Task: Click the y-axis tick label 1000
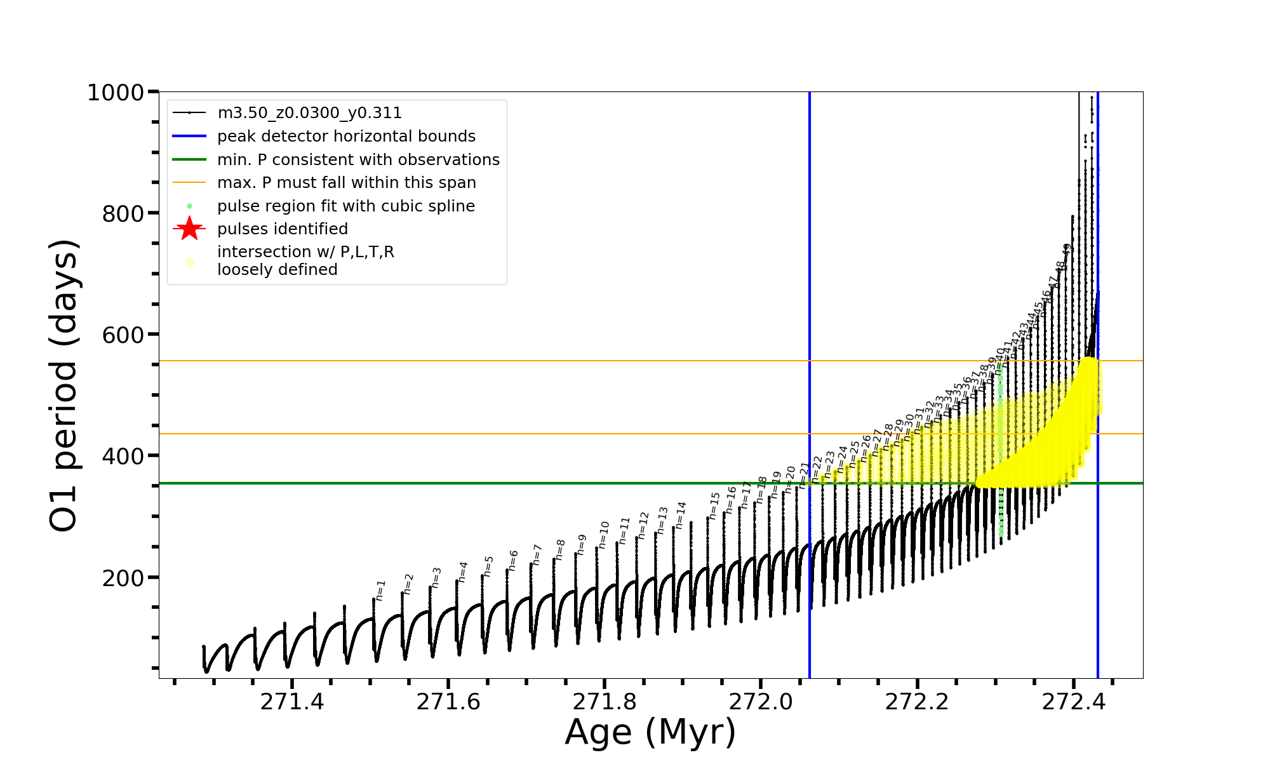116,93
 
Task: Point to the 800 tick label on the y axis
123,214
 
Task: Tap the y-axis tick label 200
123,578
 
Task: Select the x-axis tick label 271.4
292,702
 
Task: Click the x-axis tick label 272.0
761,702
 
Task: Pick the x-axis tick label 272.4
1074,702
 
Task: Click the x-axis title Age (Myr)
650,732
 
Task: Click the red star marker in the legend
189,229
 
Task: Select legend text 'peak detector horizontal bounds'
346,137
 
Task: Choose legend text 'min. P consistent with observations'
358,159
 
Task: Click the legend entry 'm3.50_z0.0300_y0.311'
309,113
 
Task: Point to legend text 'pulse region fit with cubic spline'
346,206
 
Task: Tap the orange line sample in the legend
189,183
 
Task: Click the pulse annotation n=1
380,590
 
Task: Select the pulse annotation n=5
488,566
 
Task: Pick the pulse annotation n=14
681,515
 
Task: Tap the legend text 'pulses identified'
283,229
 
